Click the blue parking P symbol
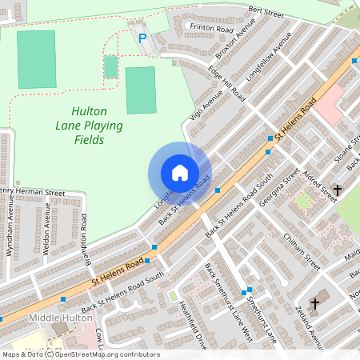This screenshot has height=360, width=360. (142, 38)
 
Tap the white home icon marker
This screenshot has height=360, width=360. (179, 173)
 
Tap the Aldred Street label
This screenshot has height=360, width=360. (318, 182)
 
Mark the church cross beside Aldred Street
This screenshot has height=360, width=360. (337, 190)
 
